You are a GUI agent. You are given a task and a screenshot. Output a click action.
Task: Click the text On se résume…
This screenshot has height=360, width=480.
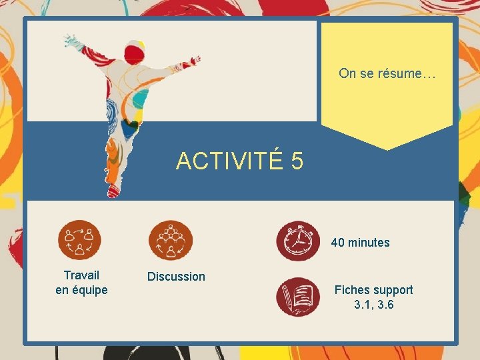387,73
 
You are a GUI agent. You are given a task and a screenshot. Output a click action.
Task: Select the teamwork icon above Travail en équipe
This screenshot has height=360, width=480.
80,241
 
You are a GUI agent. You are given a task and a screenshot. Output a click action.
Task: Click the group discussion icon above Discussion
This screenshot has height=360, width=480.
171,241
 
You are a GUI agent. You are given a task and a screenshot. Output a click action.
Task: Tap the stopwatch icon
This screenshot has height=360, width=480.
298,241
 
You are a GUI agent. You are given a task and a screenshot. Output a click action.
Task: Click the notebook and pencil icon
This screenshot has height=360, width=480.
298,297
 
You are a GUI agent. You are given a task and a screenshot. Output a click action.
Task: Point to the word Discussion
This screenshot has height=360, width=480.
176,276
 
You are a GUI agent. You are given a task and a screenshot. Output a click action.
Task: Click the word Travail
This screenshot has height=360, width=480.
81,275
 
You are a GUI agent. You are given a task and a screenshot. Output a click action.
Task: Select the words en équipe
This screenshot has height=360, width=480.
81,289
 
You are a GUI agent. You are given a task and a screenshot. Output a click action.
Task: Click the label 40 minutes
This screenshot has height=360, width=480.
360,243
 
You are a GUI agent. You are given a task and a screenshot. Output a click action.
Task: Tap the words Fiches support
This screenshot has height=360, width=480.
373,290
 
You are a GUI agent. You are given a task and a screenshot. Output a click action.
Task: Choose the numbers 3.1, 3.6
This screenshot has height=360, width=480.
373,305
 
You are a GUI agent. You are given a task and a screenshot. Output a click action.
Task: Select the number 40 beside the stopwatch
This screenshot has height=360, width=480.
338,243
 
